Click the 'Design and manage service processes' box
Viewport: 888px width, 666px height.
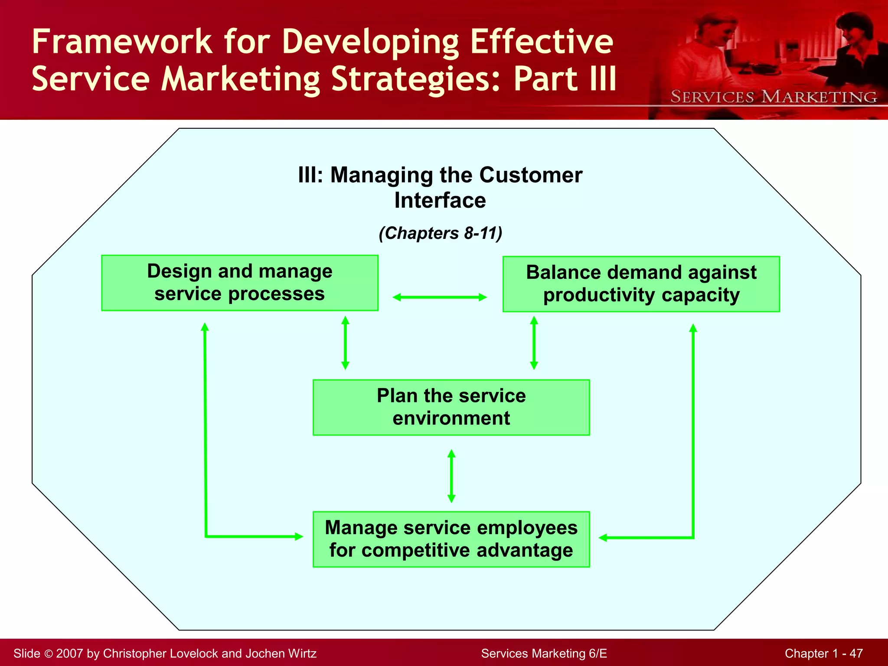pos(239,283)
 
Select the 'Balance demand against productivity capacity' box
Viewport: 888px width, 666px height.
pos(641,284)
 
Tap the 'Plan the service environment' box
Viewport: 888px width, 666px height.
pos(451,407)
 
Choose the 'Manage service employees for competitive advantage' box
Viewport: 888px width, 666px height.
pos(451,539)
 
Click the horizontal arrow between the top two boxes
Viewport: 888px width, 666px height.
pos(440,297)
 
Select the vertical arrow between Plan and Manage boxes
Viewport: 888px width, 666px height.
pos(451,476)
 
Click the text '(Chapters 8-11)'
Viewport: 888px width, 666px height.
pos(440,233)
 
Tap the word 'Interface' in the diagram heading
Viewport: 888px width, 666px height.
pos(440,200)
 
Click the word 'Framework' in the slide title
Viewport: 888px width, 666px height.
pos(121,42)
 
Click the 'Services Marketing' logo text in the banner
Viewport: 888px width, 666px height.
pos(774,97)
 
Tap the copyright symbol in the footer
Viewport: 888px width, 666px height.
pos(48,653)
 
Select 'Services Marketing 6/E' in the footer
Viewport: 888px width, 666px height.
pos(544,653)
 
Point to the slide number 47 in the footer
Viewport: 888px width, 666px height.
pos(856,653)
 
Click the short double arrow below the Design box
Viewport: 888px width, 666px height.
pos(345,343)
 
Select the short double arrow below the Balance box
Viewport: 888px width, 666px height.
pos(534,343)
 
